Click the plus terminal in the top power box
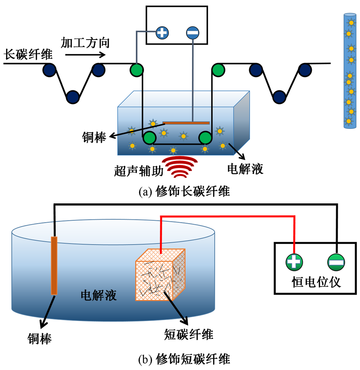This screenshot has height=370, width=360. (162, 33)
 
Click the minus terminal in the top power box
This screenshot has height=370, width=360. (193, 33)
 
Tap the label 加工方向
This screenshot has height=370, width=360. (85, 42)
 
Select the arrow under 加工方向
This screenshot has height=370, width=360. (86, 55)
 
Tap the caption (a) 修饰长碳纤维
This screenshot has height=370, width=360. (184, 191)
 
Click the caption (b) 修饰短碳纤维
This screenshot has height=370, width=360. (184, 359)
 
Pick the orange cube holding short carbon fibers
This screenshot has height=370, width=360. (160, 275)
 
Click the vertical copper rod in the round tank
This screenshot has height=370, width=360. (54, 265)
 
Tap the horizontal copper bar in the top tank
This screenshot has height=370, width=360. (186, 123)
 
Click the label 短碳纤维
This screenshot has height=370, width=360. (189, 334)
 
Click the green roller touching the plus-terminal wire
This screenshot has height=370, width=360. (137, 69)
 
